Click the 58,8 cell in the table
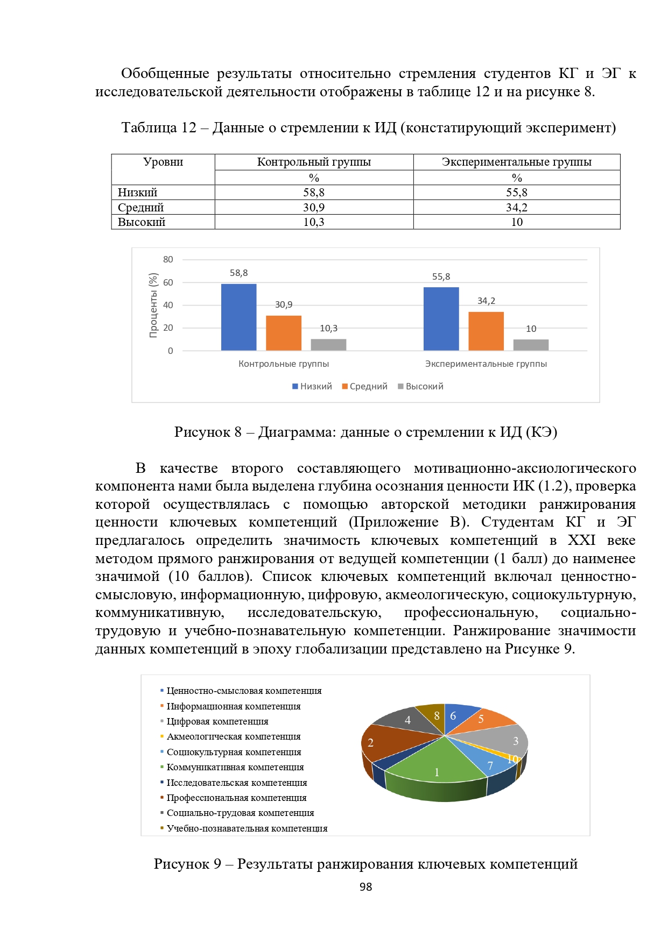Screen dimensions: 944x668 (x=314, y=193)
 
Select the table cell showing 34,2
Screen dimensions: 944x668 (x=517, y=208)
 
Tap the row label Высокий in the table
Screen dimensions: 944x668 (x=142, y=222)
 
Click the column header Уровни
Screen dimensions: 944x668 (x=163, y=162)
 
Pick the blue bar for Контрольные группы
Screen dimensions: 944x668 (x=238, y=317)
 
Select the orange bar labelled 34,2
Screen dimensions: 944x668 (x=486, y=331)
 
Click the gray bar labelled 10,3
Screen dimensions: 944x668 (x=328, y=345)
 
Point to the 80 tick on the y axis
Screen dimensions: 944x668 (x=168, y=260)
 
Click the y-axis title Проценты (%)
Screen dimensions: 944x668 (x=153, y=306)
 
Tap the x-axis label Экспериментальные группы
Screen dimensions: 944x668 (x=486, y=364)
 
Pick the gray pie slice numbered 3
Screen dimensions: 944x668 (x=503, y=740)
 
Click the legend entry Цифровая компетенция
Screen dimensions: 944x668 (x=217, y=721)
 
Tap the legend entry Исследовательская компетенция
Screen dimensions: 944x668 (x=236, y=783)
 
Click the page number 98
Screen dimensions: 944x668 (x=365, y=887)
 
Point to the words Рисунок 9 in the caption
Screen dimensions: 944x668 (x=187, y=864)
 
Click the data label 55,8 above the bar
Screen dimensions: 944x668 (x=441, y=277)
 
